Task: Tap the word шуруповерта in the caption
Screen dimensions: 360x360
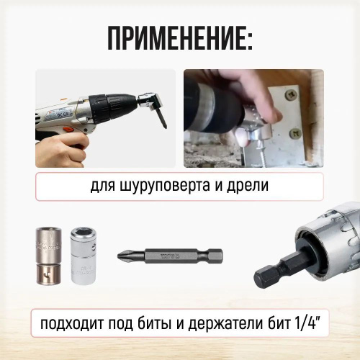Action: click(x=164, y=185)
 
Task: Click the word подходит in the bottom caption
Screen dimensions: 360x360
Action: click(x=72, y=323)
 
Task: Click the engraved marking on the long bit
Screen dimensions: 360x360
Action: click(x=170, y=256)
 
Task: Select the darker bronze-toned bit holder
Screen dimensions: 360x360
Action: click(x=48, y=256)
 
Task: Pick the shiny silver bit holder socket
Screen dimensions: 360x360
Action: click(x=83, y=256)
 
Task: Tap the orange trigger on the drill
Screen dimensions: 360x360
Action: click(x=69, y=130)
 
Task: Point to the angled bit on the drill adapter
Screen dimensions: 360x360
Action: click(x=161, y=119)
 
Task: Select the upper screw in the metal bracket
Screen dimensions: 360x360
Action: click(x=290, y=96)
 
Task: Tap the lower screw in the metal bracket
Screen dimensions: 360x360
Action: click(x=295, y=133)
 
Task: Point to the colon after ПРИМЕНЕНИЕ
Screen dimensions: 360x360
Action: click(x=250, y=38)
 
